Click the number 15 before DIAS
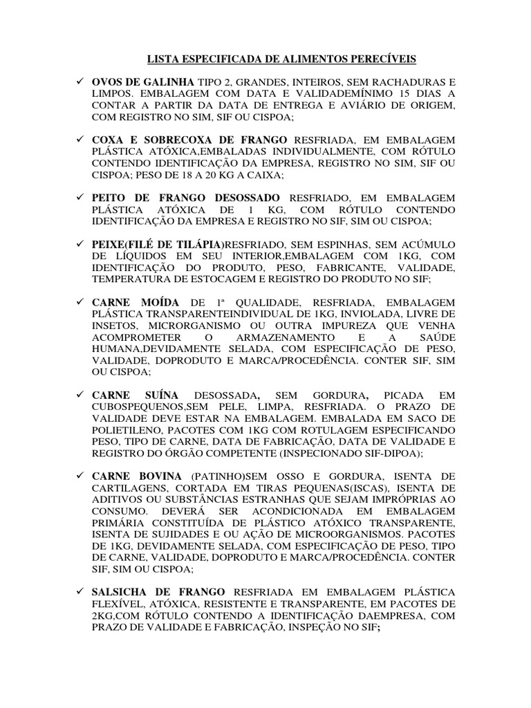378,94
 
